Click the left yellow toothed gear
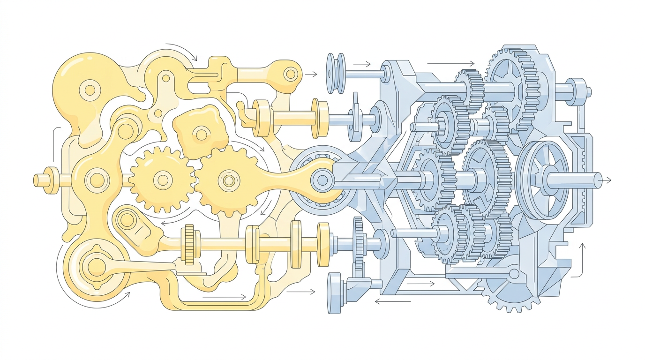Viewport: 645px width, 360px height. [x=162, y=180]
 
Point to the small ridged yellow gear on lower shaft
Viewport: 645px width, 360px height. [x=189, y=244]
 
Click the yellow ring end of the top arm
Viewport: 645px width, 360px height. [x=291, y=74]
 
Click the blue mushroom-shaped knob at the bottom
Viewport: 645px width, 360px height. [x=334, y=292]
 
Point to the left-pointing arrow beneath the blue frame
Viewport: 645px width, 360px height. [x=392, y=301]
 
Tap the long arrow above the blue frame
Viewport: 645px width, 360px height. [x=450, y=63]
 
